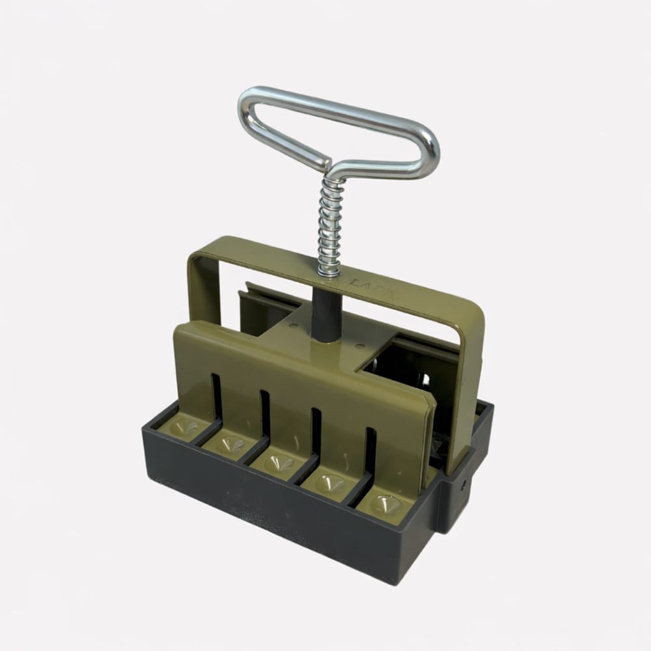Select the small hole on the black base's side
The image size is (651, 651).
pyautogui.click(x=464, y=485)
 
